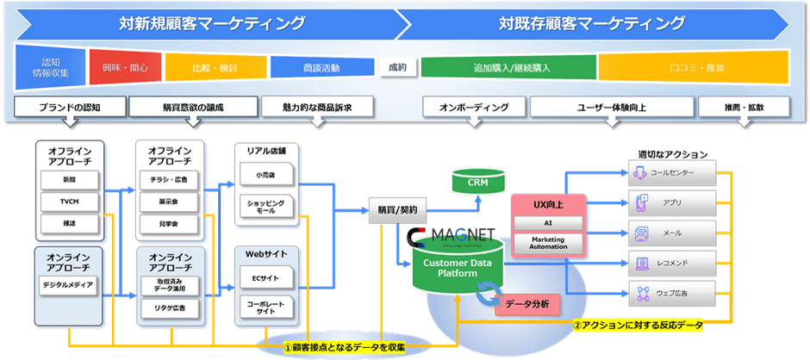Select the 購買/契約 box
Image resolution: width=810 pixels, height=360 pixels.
click(x=396, y=209)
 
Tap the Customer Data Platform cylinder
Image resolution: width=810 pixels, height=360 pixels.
click(x=454, y=267)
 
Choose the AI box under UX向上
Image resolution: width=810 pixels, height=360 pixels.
click(x=549, y=222)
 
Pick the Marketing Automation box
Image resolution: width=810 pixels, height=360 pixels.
click(x=549, y=242)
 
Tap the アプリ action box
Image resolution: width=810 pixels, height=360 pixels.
click(x=674, y=204)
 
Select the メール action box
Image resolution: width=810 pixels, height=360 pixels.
click(x=674, y=233)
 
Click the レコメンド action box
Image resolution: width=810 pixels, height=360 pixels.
click(x=674, y=263)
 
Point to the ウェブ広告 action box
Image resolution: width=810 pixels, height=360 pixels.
click(x=674, y=293)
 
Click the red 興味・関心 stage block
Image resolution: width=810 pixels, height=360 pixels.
click(x=126, y=67)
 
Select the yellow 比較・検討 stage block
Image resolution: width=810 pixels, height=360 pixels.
click(x=215, y=67)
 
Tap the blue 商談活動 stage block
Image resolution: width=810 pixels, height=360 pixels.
click(x=321, y=67)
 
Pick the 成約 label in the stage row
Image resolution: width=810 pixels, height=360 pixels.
click(x=397, y=67)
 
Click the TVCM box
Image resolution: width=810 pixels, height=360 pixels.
click(x=69, y=202)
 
